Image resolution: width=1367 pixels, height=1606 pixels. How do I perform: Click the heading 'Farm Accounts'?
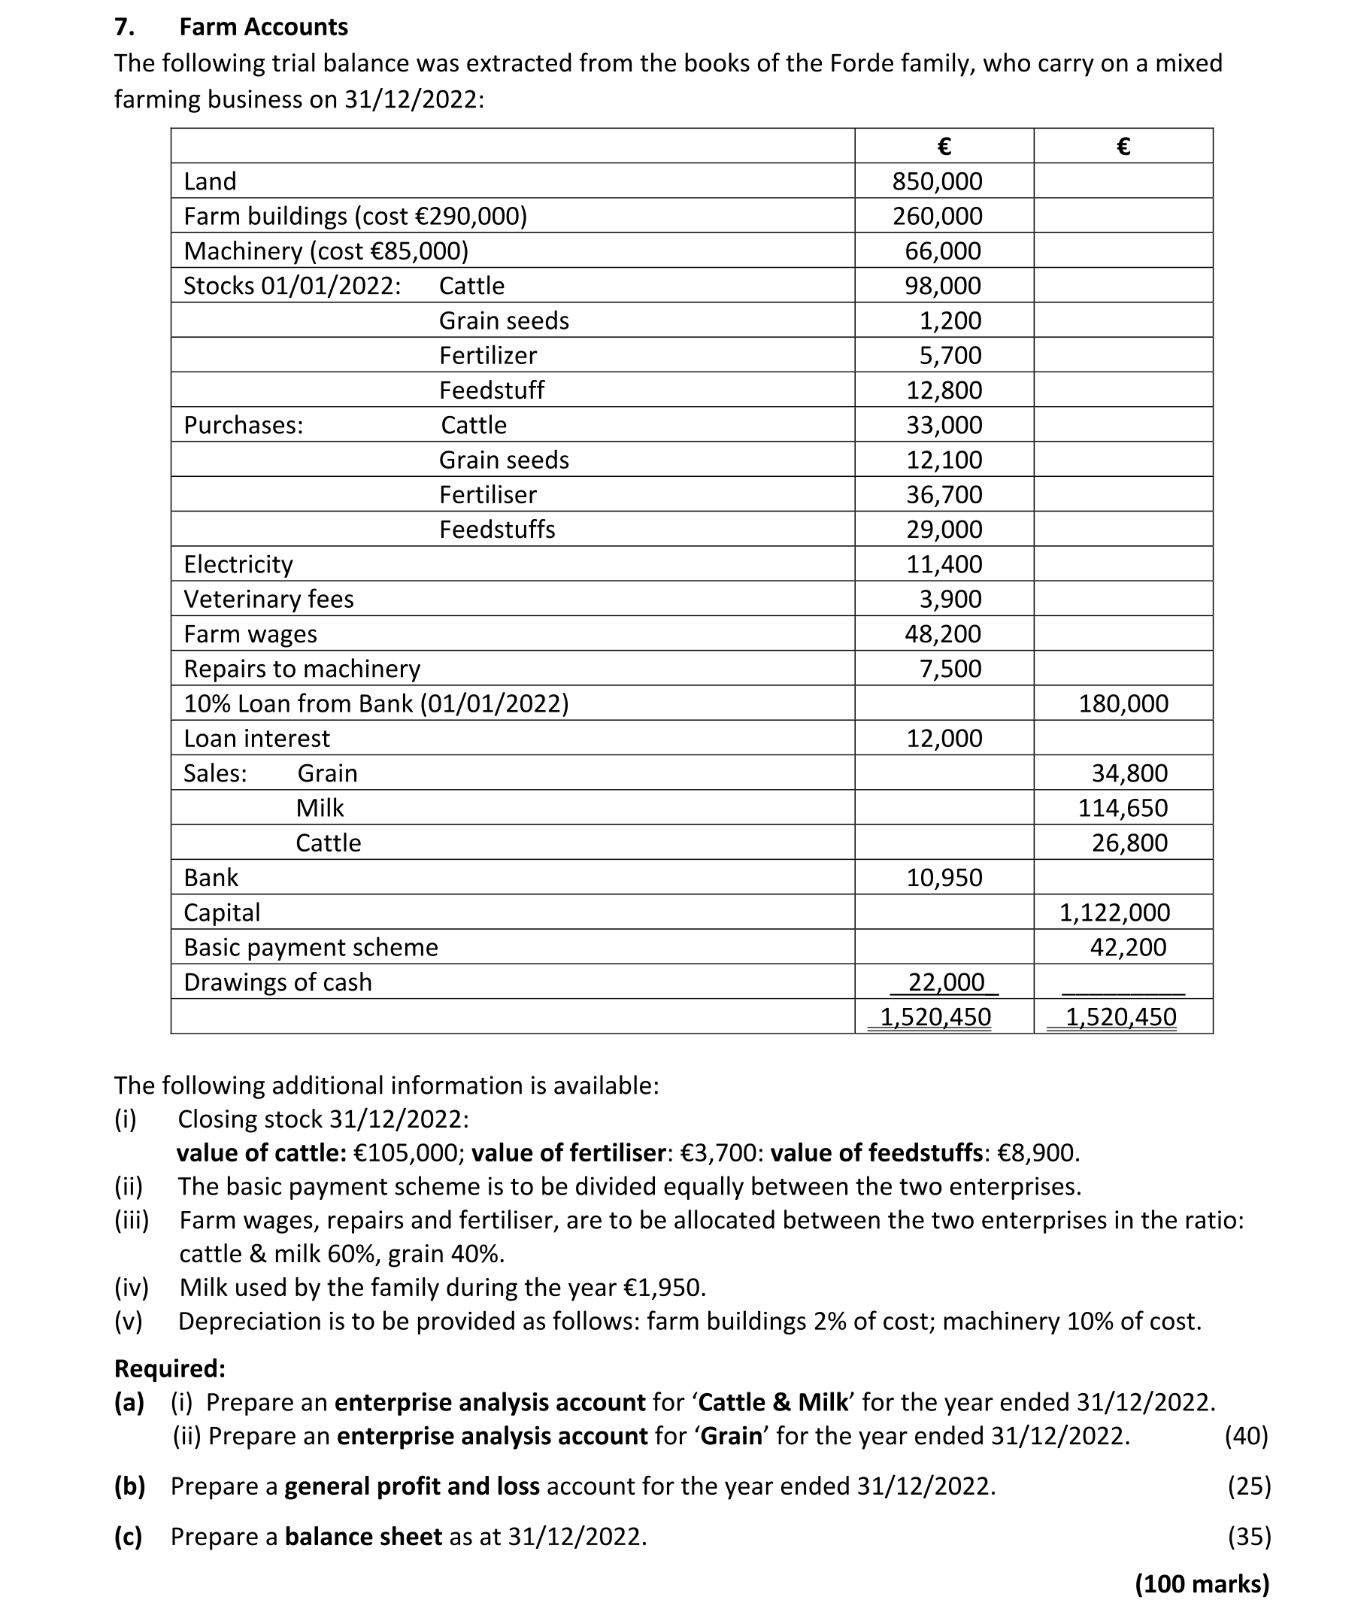(263, 27)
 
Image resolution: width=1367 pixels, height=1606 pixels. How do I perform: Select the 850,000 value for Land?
(937, 181)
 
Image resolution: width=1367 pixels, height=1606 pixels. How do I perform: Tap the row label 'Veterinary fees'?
(268, 600)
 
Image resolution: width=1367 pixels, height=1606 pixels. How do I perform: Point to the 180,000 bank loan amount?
(1123, 704)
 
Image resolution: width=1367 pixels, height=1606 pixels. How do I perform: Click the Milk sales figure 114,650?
(1123, 809)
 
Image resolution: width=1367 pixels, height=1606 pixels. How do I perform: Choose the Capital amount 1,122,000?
(1114, 912)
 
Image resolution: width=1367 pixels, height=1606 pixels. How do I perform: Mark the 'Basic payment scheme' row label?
(311, 947)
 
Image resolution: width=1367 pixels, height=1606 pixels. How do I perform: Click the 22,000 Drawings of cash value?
(945, 982)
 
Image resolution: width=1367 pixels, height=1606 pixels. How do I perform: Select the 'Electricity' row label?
(238, 564)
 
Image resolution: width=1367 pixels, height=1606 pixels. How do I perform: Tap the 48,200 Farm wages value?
(943, 634)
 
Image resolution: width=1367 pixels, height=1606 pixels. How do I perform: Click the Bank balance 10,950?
(944, 877)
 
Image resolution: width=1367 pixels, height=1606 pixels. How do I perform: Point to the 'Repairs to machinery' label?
(302, 669)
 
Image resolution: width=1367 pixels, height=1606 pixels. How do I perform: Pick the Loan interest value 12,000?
(944, 739)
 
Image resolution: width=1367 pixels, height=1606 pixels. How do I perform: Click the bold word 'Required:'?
(170, 1369)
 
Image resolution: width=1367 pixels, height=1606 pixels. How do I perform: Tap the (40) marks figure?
(1246, 1436)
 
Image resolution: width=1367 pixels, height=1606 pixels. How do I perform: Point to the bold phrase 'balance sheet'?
(363, 1536)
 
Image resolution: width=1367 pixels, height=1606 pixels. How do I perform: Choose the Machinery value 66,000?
(943, 251)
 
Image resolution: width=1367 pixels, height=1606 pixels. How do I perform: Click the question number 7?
(124, 27)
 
